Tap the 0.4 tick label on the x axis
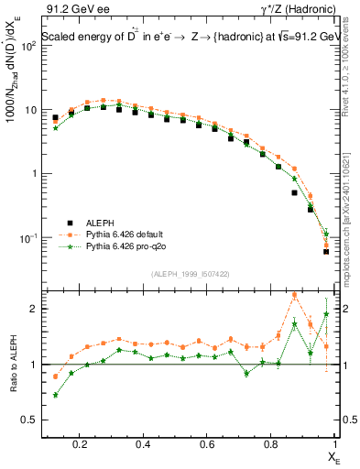(143, 445)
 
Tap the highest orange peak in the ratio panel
(294, 295)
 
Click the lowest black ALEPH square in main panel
(326, 251)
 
